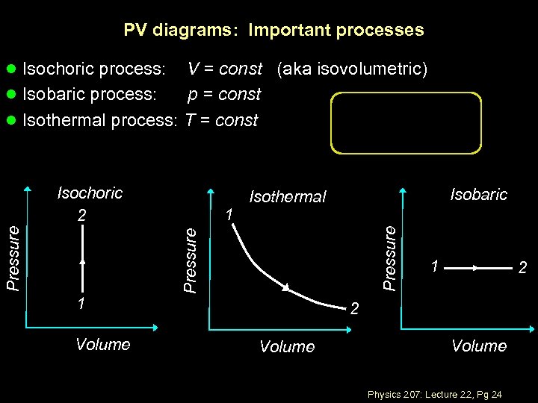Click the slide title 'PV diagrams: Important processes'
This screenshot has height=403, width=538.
coord(273,31)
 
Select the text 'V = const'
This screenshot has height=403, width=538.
coord(224,69)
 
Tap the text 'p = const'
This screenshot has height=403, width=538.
coord(223,95)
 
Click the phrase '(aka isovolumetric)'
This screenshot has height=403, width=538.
coord(353,69)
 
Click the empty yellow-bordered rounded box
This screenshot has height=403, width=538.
coord(406,123)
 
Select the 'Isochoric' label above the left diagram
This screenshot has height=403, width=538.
coord(90,193)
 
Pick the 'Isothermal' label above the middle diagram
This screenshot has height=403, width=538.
coord(288,197)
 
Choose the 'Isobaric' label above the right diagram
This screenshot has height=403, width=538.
coord(478,195)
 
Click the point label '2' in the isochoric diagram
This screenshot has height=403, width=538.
coord(83,215)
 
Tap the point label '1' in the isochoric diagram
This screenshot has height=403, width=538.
coord(82,304)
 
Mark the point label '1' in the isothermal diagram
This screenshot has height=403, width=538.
coord(230,215)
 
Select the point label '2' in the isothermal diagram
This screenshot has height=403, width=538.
coord(355,307)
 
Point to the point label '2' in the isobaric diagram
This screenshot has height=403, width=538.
coord(523,267)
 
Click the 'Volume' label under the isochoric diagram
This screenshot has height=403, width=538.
coord(103,345)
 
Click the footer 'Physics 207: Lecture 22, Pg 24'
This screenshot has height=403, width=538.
coord(434,393)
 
